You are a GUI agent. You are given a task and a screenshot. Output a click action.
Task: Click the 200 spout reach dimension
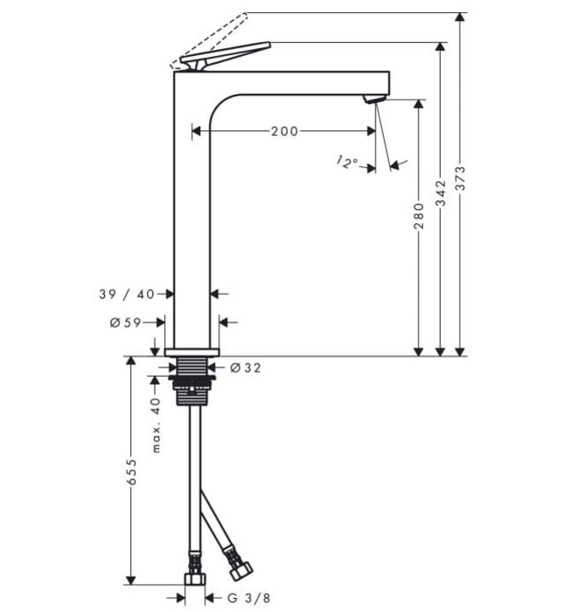click(x=284, y=131)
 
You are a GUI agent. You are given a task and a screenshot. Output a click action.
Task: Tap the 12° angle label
click(x=347, y=162)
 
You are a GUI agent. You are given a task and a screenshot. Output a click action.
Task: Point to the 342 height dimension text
click(x=441, y=191)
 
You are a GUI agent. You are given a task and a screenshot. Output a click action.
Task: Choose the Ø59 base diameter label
click(x=126, y=323)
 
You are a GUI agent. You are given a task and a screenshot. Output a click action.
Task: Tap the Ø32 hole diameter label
click(x=246, y=368)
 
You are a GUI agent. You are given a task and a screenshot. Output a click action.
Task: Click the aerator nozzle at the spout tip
click(x=373, y=99)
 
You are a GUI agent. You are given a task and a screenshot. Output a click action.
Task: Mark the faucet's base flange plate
click(x=191, y=351)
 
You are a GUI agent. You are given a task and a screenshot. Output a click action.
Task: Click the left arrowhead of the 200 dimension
click(x=197, y=131)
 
